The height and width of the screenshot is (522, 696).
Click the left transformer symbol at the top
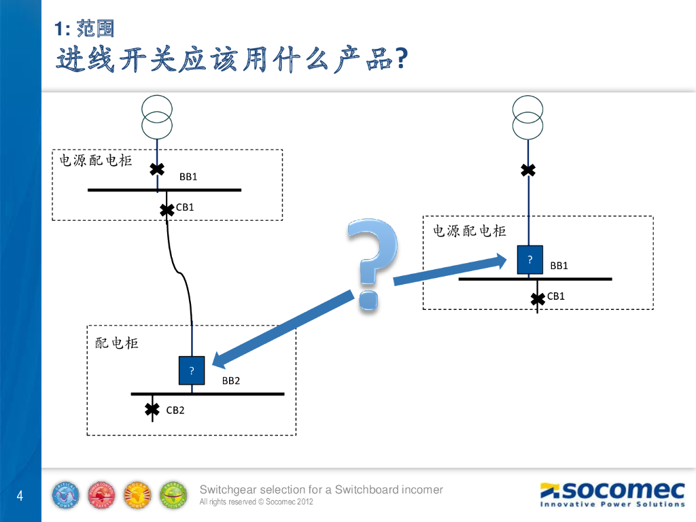pyautogui.click(x=157, y=117)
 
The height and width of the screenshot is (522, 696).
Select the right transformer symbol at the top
pyautogui.click(x=528, y=117)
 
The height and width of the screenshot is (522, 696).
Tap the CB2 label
pyautogui.click(x=175, y=411)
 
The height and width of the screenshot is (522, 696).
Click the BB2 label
pyautogui.click(x=231, y=381)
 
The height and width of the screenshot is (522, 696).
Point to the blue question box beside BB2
pyautogui.click(x=192, y=370)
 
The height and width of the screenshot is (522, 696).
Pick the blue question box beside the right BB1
pyautogui.click(x=529, y=260)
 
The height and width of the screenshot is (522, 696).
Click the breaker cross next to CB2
pyautogui.click(x=152, y=409)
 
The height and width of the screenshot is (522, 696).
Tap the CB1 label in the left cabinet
pyautogui.click(x=185, y=207)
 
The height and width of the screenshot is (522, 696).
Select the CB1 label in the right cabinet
pyautogui.click(x=556, y=296)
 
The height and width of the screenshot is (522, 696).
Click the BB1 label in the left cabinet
pyautogui.click(x=188, y=177)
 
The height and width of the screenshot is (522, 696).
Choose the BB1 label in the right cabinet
pyautogui.click(x=559, y=266)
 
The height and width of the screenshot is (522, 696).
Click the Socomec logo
pyautogui.click(x=612, y=493)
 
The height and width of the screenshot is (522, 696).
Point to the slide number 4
pyautogui.click(x=20, y=495)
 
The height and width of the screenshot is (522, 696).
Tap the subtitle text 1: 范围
pyautogui.click(x=85, y=29)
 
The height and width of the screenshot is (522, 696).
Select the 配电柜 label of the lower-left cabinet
pyautogui.click(x=117, y=343)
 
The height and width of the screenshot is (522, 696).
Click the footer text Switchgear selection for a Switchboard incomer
pyautogui.click(x=321, y=489)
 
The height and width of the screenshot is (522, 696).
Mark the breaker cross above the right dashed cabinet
pyautogui.click(x=528, y=170)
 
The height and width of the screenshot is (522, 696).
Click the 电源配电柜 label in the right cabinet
pyautogui.click(x=470, y=231)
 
